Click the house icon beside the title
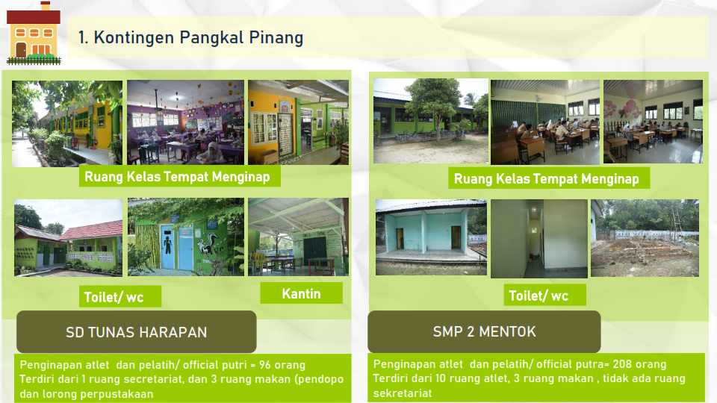[34, 33]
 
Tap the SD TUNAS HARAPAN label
[136, 332]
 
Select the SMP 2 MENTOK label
[484, 331]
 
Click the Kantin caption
[301, 293]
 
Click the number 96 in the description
[264, 365]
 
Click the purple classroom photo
[185, 122]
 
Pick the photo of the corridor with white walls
[539, 239]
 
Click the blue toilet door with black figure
[168, 246]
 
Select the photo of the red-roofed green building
[69, 237]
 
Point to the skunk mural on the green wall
[209, 247]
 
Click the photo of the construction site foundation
[645, 237]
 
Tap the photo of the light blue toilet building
[431, 237]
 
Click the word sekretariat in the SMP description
[403, 393]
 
